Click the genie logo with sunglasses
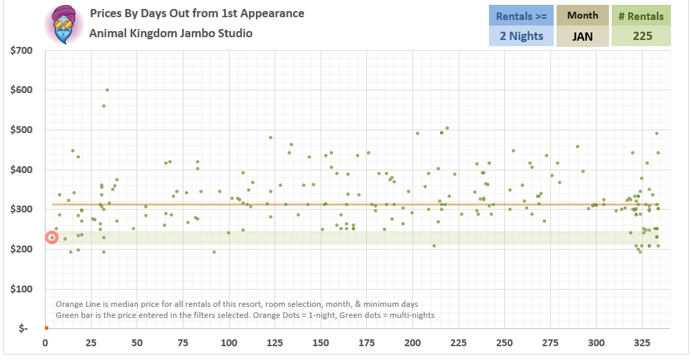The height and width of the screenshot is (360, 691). click(63, 24)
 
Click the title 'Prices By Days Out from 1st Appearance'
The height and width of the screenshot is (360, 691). click(197, 14)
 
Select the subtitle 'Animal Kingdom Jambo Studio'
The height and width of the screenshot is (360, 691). click(170, 33)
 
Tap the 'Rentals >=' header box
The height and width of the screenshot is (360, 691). click(521, 15)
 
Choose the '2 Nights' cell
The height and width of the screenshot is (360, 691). click(521, 36)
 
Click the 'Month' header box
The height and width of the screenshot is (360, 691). click(583, 15)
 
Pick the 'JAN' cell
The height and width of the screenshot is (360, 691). click(583, 36)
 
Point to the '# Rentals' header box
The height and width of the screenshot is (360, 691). click(641, 16)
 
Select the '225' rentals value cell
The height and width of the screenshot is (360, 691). click(641, 36)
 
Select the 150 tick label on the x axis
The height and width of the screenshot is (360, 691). click(321, 343)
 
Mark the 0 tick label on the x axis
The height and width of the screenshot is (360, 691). click(46, 343)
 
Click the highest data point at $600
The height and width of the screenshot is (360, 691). click(107, 90)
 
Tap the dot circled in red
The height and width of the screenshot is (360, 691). click(52, 237)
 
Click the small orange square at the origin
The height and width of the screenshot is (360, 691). click(46, 328)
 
